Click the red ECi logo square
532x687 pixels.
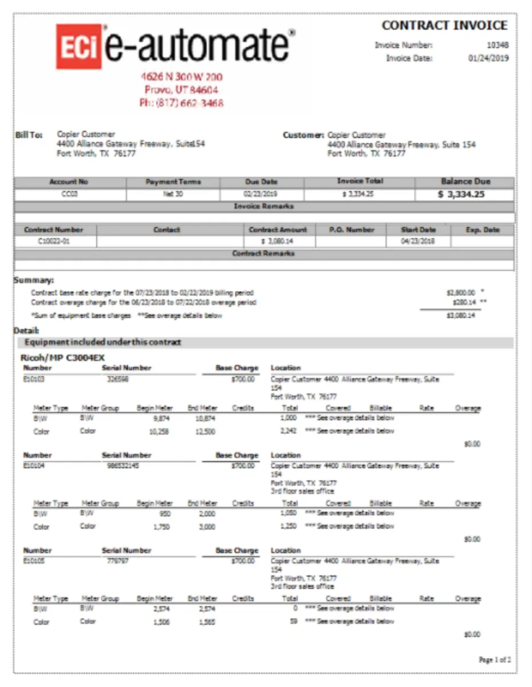[x=79, y=47]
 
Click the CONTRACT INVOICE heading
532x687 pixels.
[x=444, y=26]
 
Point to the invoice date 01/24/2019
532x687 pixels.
[x=488, y=58]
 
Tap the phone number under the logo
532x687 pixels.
[x=182, y=103]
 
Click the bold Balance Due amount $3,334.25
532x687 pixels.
[x=461, y=194]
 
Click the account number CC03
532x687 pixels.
[x=69, y=194]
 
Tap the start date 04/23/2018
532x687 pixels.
[x=418, y=241]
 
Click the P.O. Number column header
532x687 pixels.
[x=352, y=230]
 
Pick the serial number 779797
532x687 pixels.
[x=117, y=561]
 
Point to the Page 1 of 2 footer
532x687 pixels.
[x=494, y=660]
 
